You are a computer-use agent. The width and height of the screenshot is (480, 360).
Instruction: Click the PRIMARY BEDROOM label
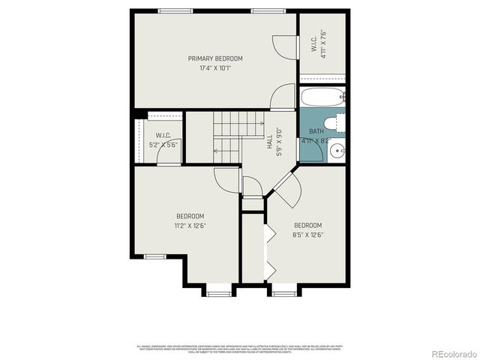click(215, 58)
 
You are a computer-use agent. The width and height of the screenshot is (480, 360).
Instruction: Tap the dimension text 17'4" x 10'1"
click(215, 68)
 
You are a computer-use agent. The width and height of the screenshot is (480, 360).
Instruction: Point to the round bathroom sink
click(336, 150)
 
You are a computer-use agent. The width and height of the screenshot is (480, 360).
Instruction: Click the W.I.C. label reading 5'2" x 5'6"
click(164, 139)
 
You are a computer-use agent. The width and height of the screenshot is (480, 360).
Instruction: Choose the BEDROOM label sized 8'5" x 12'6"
click(307, 229)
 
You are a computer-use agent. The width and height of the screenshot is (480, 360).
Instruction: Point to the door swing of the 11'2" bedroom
click(226, 179)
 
